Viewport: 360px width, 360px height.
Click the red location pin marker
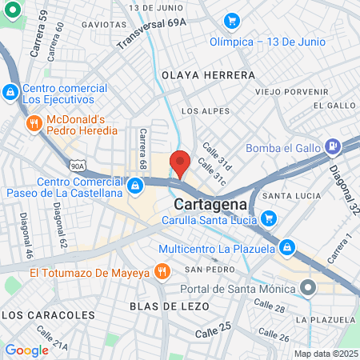coord(181,162)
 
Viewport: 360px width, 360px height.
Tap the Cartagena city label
coord(206,203)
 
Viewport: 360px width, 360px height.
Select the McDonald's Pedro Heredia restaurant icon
coord(34,123)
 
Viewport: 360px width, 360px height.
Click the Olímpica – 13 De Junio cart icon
coord(232,20)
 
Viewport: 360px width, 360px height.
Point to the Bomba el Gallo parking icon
coord(334,146)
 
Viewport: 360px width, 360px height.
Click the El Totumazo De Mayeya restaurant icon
coord(162,270)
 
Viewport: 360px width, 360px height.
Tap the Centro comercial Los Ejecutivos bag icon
coord(10,94)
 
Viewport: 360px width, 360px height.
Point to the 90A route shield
coord(78,166)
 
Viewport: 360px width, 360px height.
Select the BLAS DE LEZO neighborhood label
coord(169,306)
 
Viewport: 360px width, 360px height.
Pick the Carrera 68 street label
coord(143,149)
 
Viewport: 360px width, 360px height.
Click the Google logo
coord(26,350)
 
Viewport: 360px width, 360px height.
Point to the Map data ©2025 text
coord(325,354)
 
